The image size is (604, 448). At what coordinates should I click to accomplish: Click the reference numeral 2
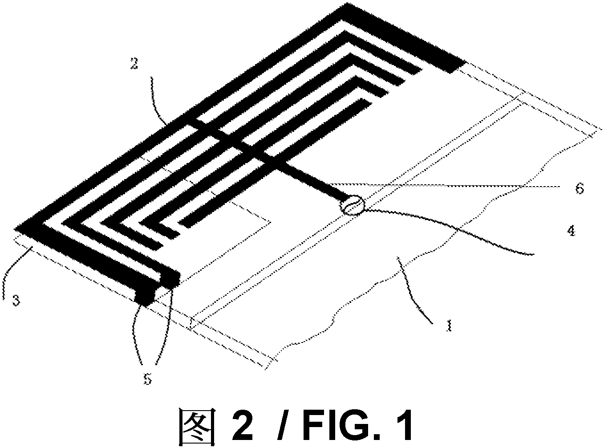click(134, 63)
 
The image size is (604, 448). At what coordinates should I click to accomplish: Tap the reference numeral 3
click(16, 300)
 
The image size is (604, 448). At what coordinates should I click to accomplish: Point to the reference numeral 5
click(147, 379)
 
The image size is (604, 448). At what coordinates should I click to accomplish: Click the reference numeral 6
click(580, 188)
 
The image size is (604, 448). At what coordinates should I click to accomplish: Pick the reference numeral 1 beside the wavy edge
click(449, 325)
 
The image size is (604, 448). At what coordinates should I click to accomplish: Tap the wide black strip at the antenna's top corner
click(403, 38)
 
